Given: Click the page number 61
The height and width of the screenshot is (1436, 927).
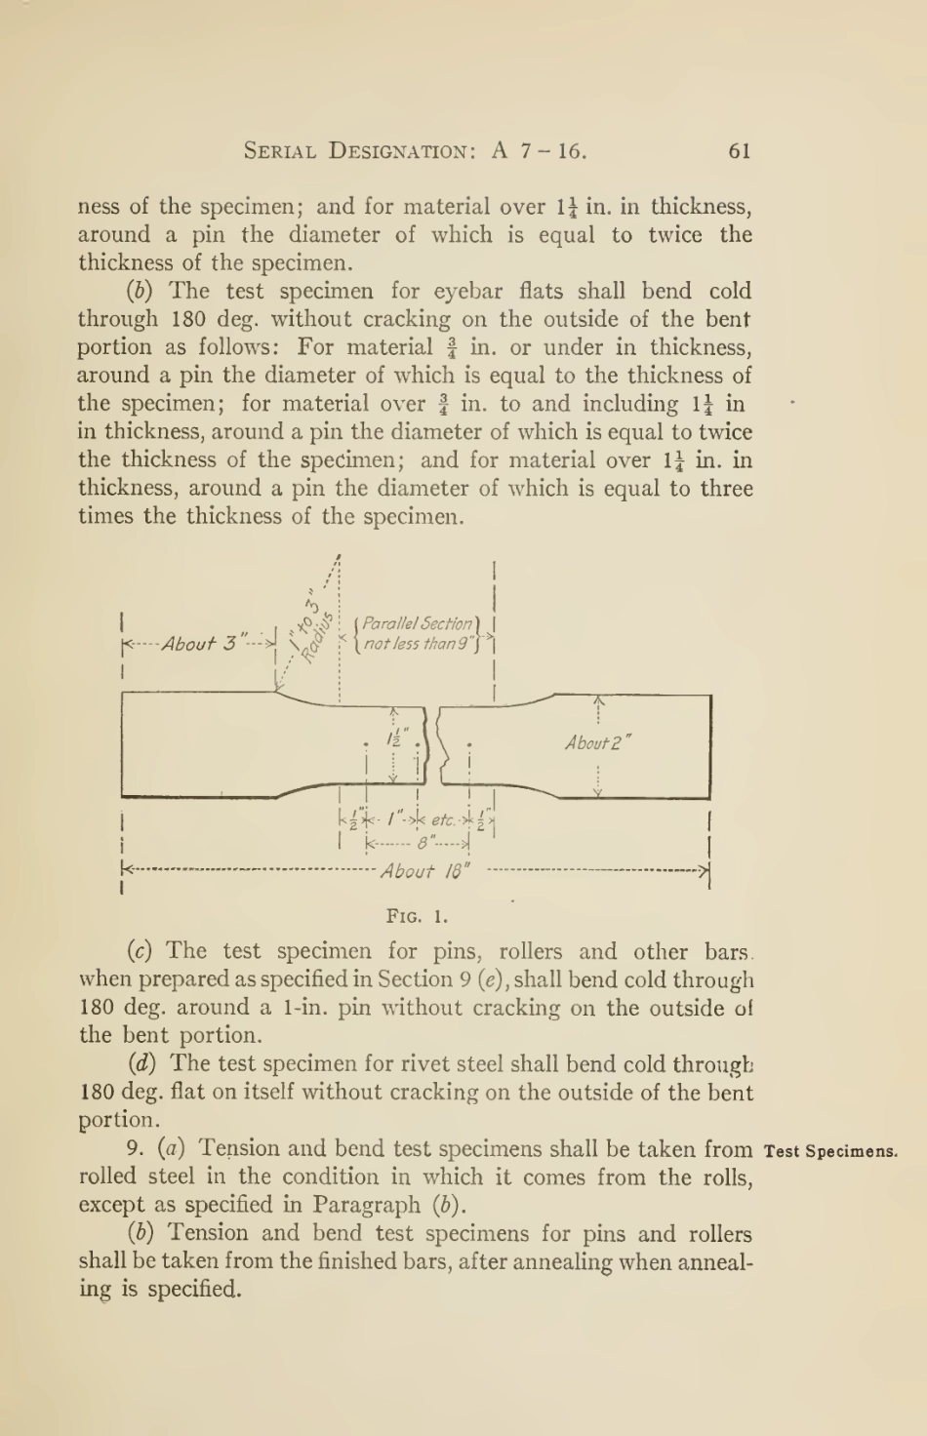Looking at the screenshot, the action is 740,150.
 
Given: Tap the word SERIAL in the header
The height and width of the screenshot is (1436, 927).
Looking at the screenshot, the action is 280,151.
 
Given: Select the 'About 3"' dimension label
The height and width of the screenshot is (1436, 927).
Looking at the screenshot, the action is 200,644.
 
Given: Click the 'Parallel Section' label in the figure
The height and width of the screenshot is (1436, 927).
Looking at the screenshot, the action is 418,623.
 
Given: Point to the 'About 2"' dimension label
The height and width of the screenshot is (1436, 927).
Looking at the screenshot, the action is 598,743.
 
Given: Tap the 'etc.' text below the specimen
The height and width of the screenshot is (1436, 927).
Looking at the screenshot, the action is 443,819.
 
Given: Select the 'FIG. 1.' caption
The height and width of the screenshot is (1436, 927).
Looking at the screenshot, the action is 418,916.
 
